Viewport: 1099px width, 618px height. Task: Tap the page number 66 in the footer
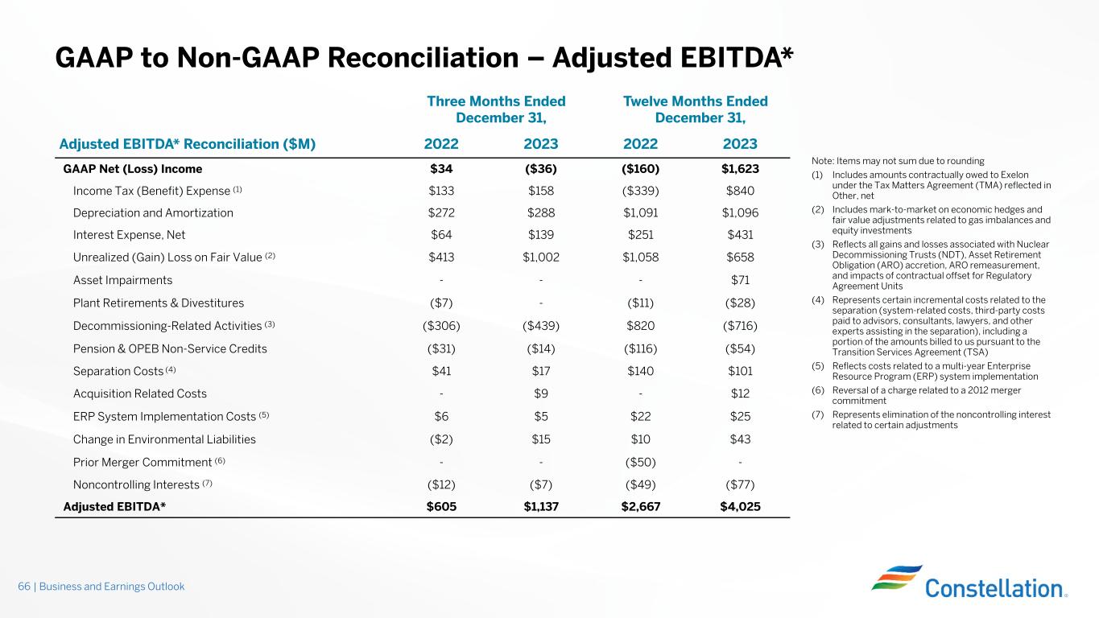click(x=24, y=587)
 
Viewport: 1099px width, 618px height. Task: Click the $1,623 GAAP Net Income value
click(x=740, y=169)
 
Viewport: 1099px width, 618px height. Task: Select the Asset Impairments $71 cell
click(x=740, y=281)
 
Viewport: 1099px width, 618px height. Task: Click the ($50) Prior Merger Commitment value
click(x=641, y=462)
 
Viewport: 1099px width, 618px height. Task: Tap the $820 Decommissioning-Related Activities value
click(x=641, y=326)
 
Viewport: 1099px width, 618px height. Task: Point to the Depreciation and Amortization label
click(x=153, y=213)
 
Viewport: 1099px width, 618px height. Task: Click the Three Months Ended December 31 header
click(x=496, y=109)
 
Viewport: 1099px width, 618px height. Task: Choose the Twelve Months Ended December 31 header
click(x=696, y=109)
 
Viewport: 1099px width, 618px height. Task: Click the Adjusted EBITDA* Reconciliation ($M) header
click(x=188, y=144)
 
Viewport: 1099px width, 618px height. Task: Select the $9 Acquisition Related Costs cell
click(x=541, y=393)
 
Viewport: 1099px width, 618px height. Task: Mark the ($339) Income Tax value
click(x=641, y=191)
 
